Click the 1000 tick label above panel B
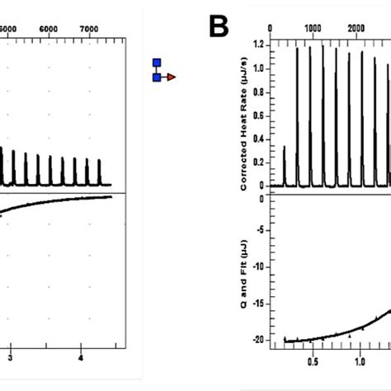click(313, 29)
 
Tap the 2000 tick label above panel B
click(359, 29)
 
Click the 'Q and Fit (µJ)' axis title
click(244, 272)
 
